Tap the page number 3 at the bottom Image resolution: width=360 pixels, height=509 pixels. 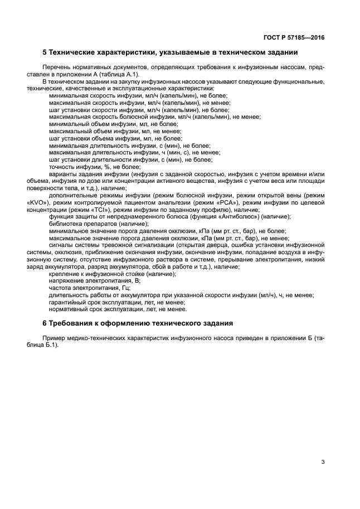(x=323, y=462)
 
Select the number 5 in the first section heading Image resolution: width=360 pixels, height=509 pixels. (x=45, y=53)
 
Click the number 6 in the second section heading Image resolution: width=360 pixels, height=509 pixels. (x=45, y=323)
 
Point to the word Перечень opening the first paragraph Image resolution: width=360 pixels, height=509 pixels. (x=62, y=67)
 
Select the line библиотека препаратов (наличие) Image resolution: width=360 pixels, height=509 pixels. (x=99, y=224)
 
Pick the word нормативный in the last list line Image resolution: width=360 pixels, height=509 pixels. (x=69, y=309)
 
